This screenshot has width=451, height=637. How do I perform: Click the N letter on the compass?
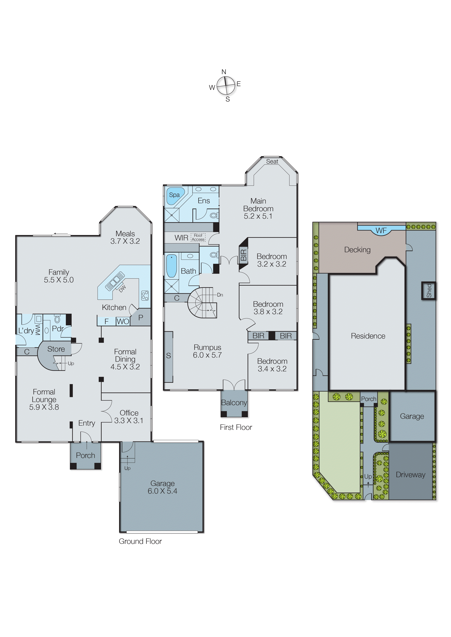coord(224,72)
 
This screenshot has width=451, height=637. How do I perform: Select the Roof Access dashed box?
coord(198,238)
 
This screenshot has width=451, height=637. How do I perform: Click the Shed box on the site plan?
coord(429,291)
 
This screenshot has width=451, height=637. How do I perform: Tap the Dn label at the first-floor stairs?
coord(220,295)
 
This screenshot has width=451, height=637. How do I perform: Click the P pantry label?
coord(141,318)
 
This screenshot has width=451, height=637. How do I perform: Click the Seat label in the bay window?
coord(272,161)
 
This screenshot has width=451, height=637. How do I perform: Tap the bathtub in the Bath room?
coord(171,266)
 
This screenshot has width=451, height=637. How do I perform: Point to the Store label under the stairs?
coord(56,349)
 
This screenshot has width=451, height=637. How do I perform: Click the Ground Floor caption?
coord(140,541)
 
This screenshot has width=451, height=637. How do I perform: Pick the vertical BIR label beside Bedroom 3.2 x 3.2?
coord(243,255)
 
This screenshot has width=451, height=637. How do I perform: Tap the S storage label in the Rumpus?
coord(168,356)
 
